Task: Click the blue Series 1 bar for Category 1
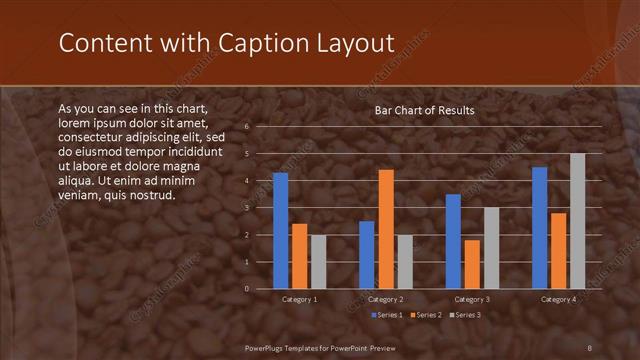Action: tap(280, 230)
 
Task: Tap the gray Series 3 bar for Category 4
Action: tap(577, 221)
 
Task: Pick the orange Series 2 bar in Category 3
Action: tap(472, 264)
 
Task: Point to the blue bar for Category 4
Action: tap(540, 227)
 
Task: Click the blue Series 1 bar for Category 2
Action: tap(367, 254)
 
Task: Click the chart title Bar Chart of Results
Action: tap(424, 110)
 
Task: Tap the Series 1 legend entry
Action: tap(387, 315)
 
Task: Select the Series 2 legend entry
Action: tap(427, 315)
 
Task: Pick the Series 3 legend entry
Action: tap(466, 315)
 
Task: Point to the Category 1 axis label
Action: tap(300, 299)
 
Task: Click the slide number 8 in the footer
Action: tap(589, 347)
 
